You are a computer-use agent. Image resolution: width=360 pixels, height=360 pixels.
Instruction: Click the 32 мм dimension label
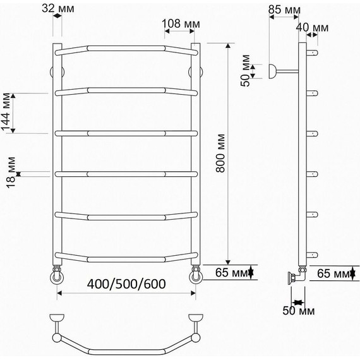pyautogui.click(x=58, y=9)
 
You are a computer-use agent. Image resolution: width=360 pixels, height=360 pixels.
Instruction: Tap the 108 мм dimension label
pyautogui.click(x=181, y=23)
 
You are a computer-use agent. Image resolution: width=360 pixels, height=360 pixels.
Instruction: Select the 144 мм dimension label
pyautogui.click(x=6, y=112)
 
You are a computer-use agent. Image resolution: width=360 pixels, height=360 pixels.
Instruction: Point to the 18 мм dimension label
pyautogui.click(x=11, y=172)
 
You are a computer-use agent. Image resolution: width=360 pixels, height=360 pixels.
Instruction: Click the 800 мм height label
pyautogui.click(x=220, y=153)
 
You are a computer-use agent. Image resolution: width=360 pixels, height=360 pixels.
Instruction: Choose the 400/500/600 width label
pyautogui.click(x=126, y=284)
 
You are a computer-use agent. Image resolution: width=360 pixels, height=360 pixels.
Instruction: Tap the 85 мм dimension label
pyautogui.click(x=284, y=9)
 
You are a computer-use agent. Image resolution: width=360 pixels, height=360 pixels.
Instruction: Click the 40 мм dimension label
pyautogui.click(x=312, y=28)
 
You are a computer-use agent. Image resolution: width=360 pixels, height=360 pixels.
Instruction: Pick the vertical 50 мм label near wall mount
pyautogui.click(x=245, y=71)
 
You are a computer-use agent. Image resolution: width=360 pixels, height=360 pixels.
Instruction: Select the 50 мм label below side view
pyautogui.click(x=299, y=311)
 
